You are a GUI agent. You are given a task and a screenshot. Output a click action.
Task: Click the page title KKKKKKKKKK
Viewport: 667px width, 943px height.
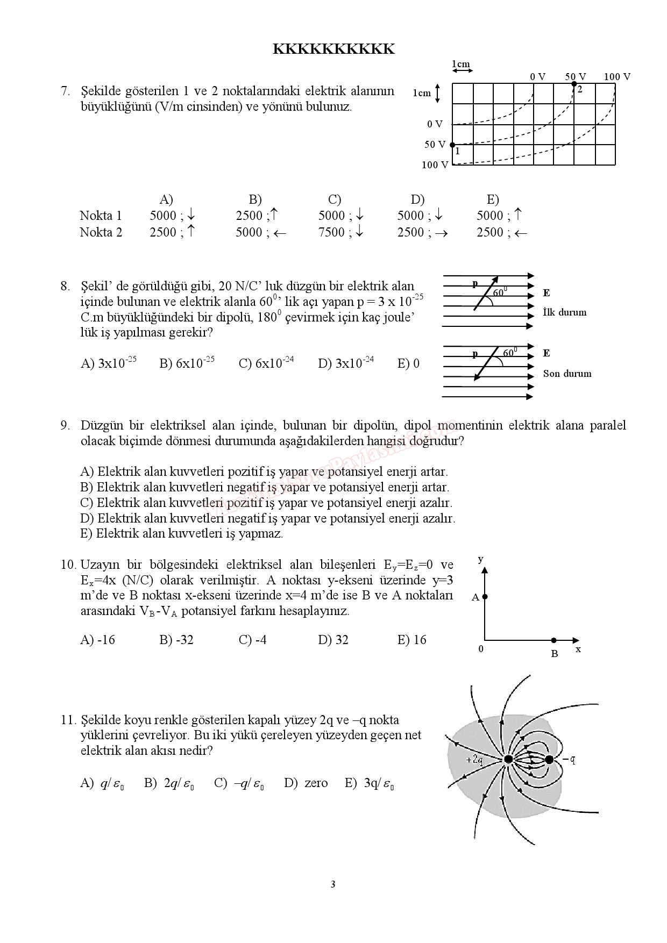pos(334,49)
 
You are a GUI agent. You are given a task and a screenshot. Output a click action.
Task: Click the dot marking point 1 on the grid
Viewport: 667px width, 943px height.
pos(452,145)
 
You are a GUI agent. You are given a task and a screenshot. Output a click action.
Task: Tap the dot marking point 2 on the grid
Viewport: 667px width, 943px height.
pos(574,84)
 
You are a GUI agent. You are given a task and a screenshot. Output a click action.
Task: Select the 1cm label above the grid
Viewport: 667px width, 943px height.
pos(461,64)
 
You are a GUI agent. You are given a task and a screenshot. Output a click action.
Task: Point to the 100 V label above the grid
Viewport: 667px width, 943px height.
pos(617,77)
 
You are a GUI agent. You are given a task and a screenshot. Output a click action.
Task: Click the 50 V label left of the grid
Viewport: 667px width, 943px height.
pos(435,145)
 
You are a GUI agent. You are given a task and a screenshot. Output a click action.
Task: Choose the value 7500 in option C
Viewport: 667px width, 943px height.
pos(331,232)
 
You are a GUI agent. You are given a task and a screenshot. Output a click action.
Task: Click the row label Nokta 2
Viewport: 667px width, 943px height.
pos(101,232)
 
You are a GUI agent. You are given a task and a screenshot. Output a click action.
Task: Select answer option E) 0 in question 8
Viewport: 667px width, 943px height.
pos(408,364)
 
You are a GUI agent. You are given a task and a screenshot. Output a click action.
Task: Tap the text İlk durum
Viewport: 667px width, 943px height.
pos(565,312)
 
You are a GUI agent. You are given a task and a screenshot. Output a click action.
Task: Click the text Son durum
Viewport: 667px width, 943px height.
pos(567,374)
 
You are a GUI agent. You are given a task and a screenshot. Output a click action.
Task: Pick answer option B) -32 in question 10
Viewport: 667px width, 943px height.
pos(176,640)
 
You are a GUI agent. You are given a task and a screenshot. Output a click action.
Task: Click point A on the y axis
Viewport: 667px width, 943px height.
pos(485,597)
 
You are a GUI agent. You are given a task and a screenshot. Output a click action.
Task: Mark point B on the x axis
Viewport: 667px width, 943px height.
pos(554,640)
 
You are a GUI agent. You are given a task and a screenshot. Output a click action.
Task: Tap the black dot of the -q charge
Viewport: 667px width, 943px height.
pos(549,760)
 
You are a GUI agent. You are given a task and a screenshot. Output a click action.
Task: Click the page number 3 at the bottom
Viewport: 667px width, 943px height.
pos(333,884)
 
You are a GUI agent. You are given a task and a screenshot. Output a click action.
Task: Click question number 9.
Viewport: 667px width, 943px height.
pos(65,426)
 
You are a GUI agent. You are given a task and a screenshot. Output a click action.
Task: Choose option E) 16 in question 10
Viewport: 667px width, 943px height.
pos(411,640)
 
